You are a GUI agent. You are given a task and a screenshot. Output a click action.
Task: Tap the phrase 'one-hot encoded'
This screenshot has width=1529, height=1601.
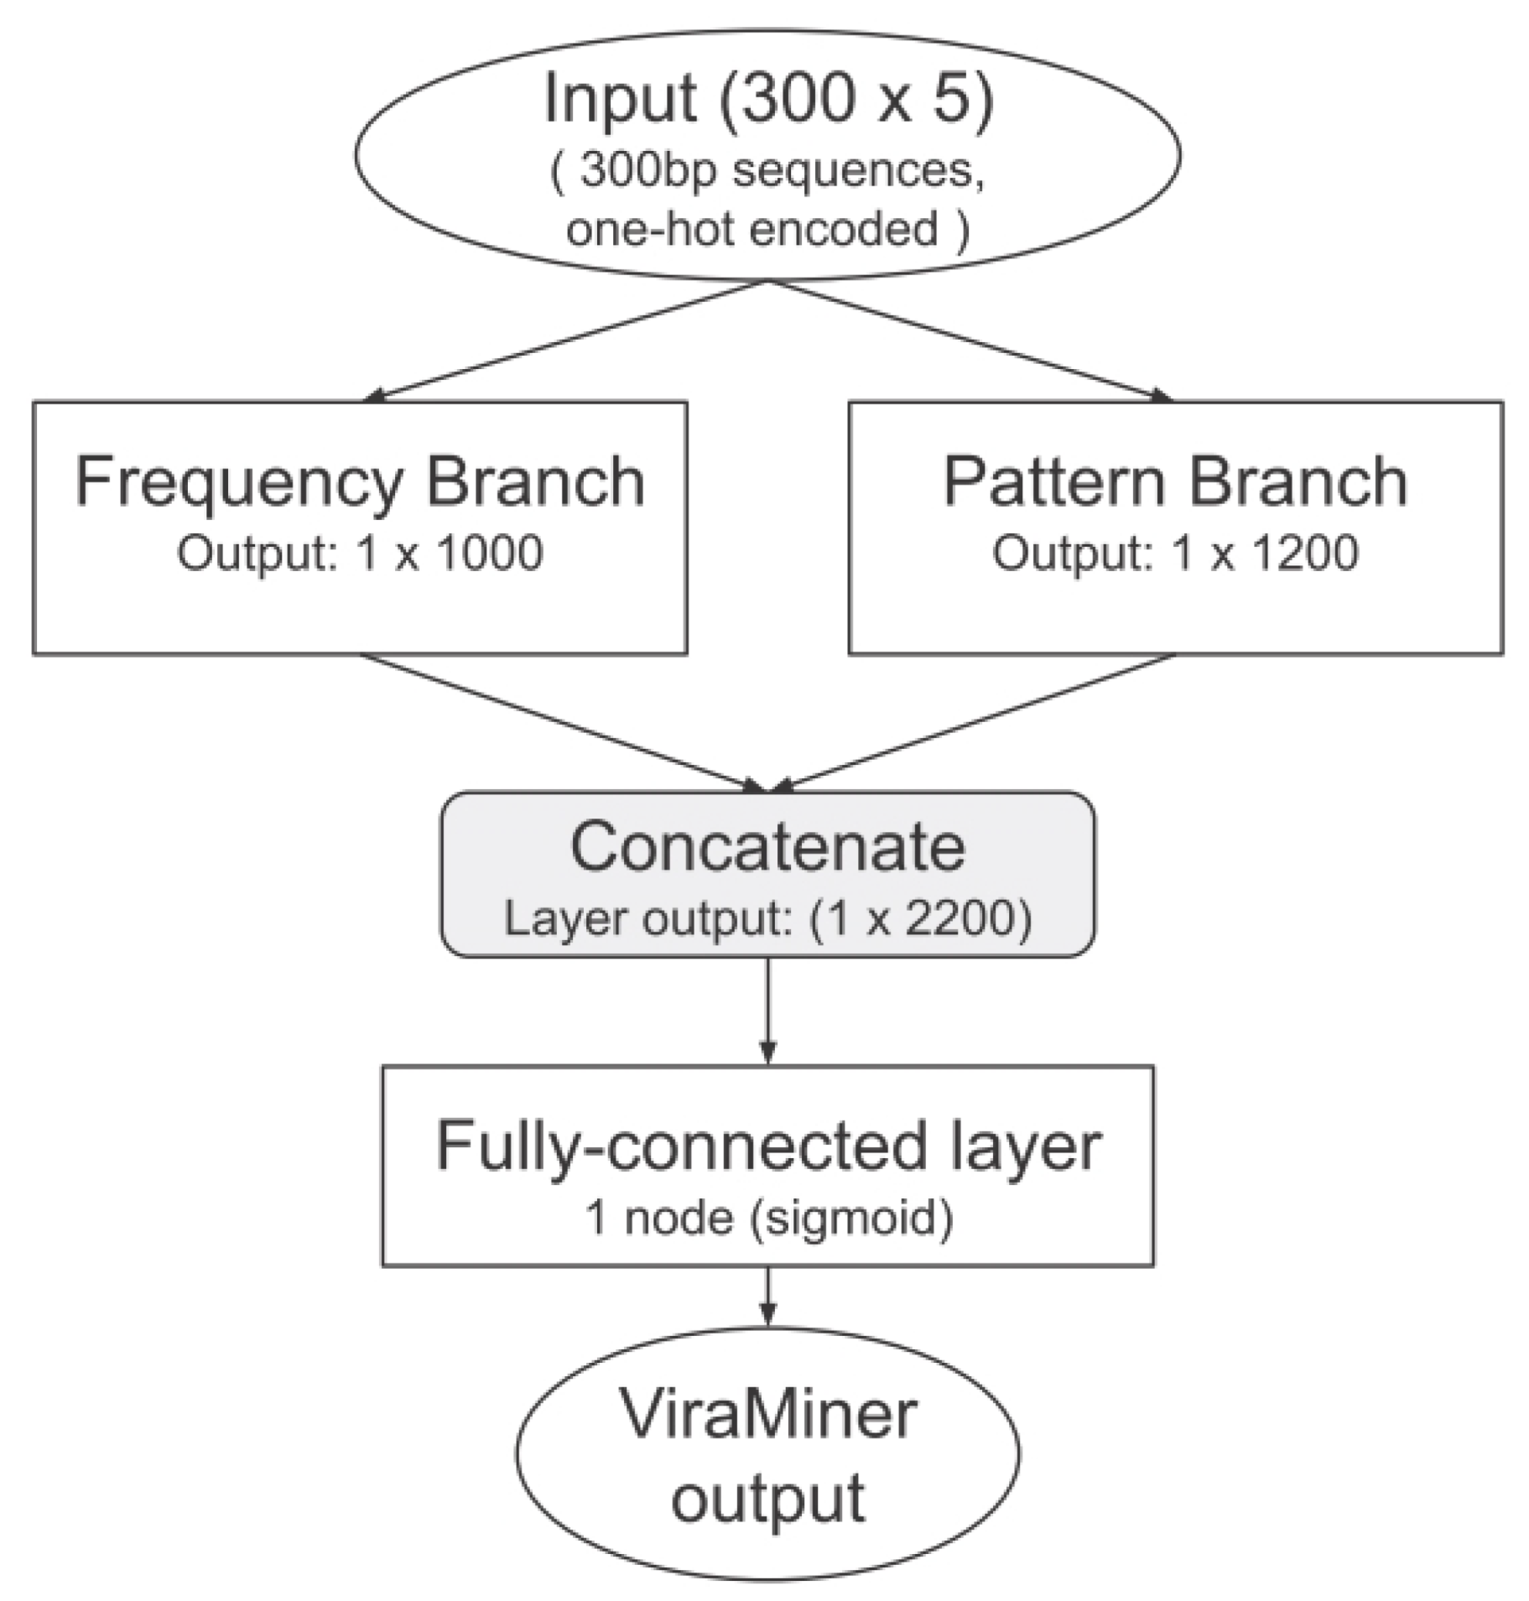point(751,229)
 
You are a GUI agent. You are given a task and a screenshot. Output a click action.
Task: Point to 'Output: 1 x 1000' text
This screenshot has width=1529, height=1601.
point(360,554)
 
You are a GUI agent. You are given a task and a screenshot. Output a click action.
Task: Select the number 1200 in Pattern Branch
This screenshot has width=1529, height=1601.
point(1305,554)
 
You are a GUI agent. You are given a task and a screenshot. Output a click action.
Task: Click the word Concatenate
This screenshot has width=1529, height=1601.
point(767,847)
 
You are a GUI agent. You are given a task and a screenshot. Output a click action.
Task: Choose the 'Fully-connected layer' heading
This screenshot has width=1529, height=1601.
point(767,1146)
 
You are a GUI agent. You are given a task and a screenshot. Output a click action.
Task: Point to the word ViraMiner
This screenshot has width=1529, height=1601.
point(767,1415)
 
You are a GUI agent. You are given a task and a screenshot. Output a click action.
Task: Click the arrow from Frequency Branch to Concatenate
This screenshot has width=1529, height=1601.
point(562,722)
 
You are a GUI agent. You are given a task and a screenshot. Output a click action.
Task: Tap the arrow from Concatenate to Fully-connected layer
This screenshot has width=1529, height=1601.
point(767,1011)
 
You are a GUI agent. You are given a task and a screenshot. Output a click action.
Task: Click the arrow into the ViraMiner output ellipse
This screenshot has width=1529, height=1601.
point(767,1296)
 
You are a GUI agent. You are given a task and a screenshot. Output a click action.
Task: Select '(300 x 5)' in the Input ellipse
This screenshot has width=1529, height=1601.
point(856,99)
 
